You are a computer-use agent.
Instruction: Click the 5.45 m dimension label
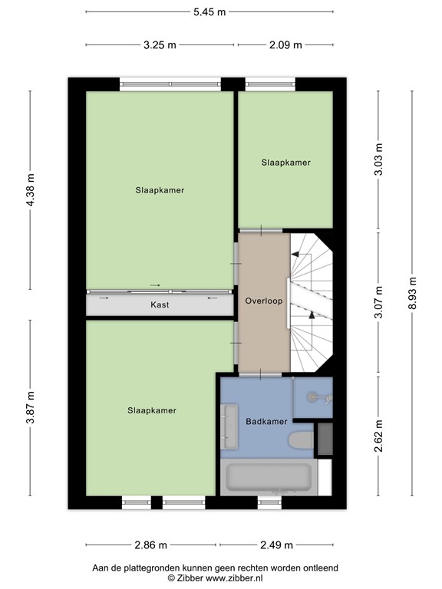point(209,12)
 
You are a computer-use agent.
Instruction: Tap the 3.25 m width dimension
point(160,44)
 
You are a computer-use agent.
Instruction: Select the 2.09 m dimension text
point(286,44)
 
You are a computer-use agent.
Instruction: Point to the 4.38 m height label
point(31,191)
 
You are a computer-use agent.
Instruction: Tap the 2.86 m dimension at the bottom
point(151,545)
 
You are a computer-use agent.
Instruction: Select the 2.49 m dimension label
point(276,545)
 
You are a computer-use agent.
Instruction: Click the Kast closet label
point(160,305)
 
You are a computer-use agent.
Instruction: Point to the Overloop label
point(264,301)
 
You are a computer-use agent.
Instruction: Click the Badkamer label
point(266,422)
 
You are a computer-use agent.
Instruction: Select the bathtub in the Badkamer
point(267,477)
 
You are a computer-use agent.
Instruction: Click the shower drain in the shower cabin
point(312,397)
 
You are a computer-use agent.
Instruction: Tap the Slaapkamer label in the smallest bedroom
point(285,163)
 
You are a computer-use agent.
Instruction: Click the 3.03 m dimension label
point(378,160)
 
